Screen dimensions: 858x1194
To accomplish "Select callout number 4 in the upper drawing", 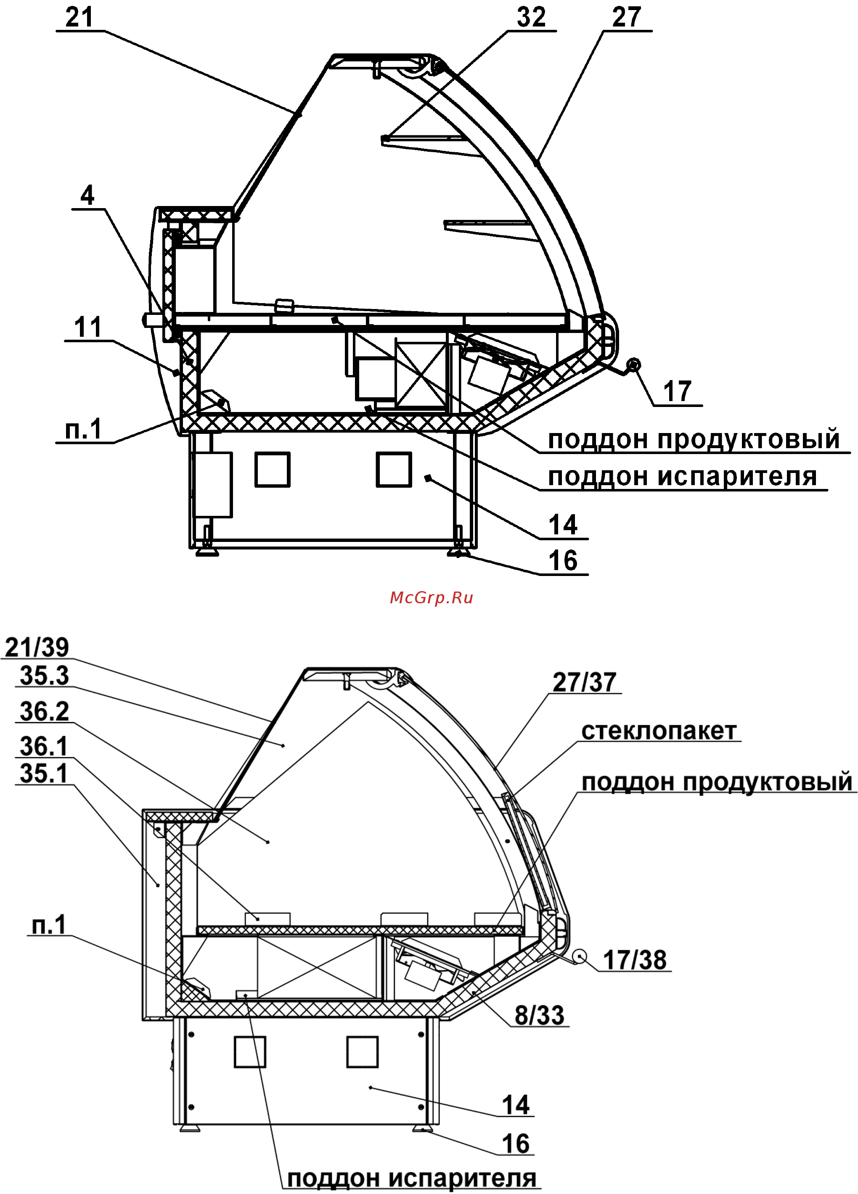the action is click(87, 195).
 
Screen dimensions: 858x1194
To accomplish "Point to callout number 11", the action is click(88, 328).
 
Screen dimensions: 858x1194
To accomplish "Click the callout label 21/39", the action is click(37, 647).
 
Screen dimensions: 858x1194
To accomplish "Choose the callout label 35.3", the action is click(44, 676).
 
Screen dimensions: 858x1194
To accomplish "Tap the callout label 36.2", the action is click(44, 711).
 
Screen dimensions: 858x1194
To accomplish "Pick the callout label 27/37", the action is click(584, 682).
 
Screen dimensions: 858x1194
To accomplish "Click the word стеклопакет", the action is click(658, 731).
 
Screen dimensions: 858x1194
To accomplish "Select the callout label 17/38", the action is click(635, 960).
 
